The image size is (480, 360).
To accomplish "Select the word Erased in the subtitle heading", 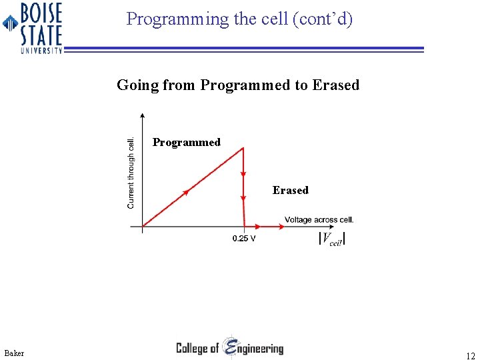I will (336, 85).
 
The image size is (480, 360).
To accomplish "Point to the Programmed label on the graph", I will (186, 142).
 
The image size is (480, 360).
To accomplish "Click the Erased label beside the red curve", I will (290, 191).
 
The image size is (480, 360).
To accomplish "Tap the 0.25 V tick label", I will (244, 239).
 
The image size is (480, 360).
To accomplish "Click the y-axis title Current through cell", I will (131, 173).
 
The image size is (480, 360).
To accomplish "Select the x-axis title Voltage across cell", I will (319, 220).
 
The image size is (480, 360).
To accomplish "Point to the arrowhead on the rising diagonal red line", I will (186, 193).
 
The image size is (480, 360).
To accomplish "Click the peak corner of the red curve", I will (243, 148).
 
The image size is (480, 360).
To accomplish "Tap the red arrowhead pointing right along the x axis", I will (279, 227).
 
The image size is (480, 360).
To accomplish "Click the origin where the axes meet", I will (143, 227).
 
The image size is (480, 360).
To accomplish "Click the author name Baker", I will (13, 353).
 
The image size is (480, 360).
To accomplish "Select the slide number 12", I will (471, 355).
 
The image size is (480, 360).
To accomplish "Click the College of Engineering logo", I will (229, 347).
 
